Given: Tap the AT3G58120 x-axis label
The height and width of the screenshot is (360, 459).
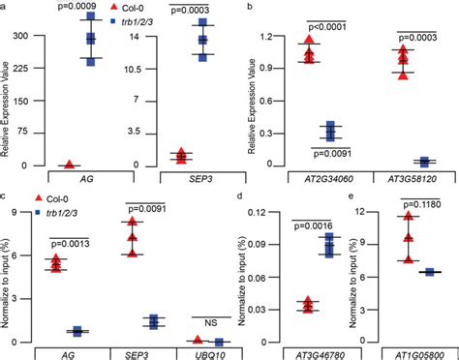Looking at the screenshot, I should [x=399, y=177].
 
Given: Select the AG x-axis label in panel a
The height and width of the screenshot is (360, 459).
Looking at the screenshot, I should [x=70, y=177].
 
